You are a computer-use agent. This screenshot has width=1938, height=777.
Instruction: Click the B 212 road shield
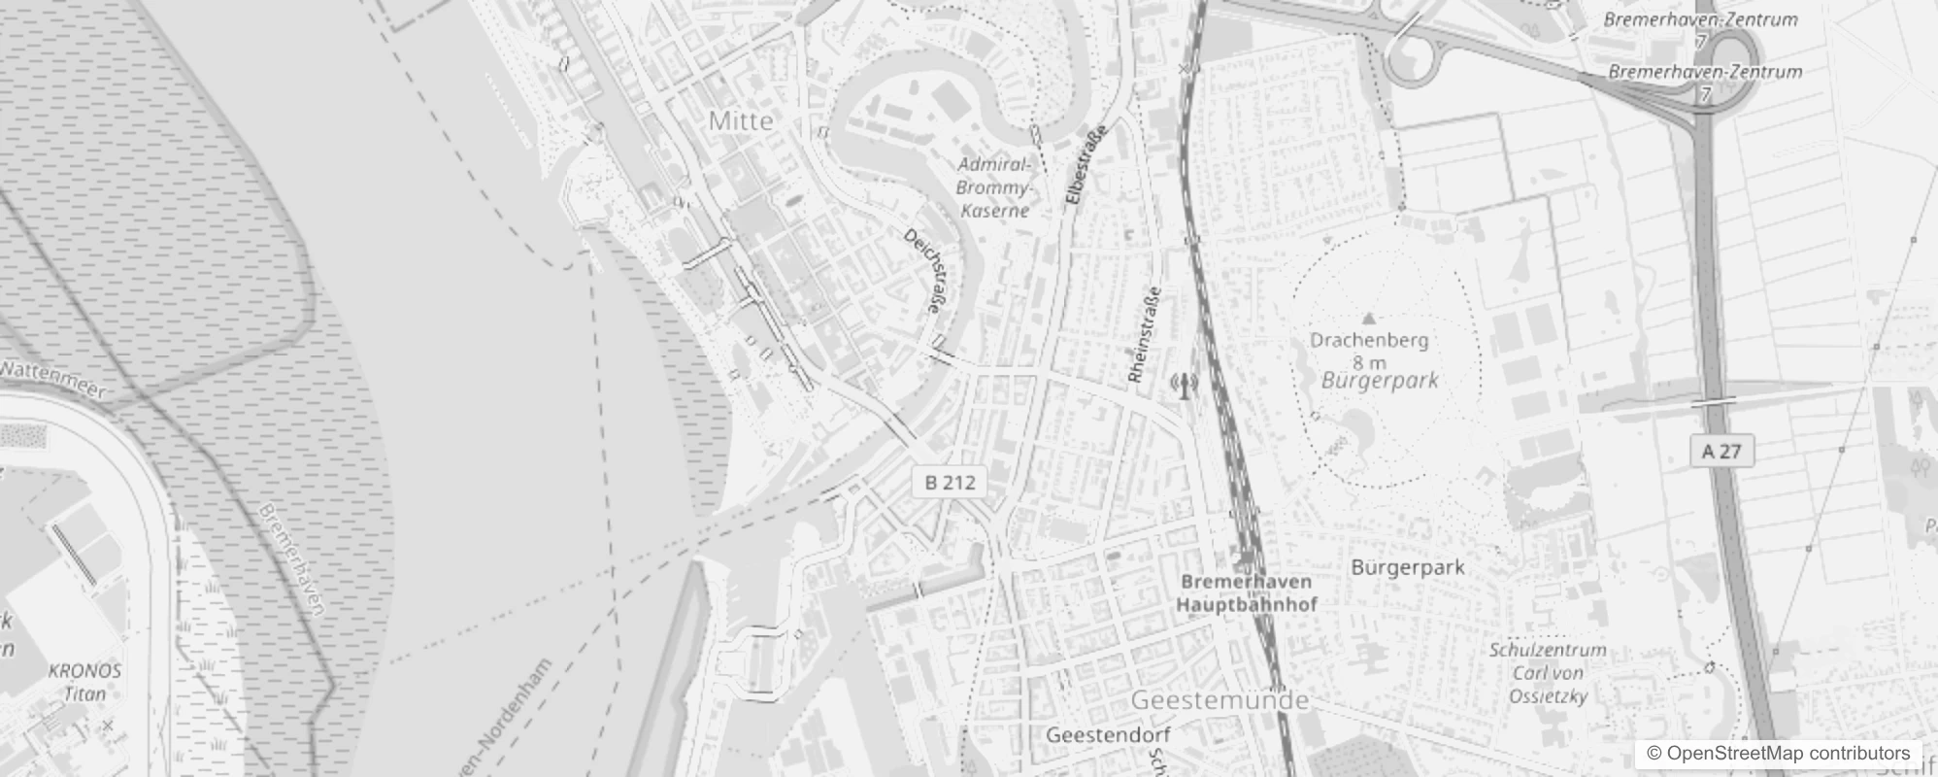pos(950,482)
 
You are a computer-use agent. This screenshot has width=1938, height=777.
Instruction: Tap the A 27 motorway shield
pos(1721,451)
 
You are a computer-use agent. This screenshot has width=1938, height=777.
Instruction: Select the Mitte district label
pos(741,121)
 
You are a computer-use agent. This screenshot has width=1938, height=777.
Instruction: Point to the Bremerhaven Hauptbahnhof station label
pos(1247,592)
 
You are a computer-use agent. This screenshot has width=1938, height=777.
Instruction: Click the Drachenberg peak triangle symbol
pos(1369,318)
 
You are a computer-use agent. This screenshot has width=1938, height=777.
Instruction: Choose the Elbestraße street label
pos(1086,166)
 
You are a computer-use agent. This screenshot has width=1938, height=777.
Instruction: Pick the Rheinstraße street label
pos(1144,334)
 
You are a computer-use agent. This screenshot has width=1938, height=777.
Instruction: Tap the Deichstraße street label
pos(923,272)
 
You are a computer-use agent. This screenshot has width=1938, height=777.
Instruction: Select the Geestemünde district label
pos(1220,700)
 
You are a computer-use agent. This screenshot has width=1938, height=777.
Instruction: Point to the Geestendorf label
pos(1108,735)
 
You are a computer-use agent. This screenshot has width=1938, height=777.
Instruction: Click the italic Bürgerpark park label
pos(1380,381)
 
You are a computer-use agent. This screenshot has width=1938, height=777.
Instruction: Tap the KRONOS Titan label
pos(84,682)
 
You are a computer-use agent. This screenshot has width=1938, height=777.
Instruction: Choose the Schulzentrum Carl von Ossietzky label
pos(1548,672)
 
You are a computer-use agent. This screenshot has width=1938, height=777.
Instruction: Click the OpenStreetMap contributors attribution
pos(1777,753)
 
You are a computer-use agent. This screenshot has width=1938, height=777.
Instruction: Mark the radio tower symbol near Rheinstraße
pos(1183,386)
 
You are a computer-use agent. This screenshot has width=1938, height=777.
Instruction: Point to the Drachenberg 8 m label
pos(1369,351)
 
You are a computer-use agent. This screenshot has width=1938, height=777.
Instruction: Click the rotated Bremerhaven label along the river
pos(292,558)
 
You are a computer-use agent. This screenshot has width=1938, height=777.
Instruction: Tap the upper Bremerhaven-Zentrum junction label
pos(1700,19)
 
